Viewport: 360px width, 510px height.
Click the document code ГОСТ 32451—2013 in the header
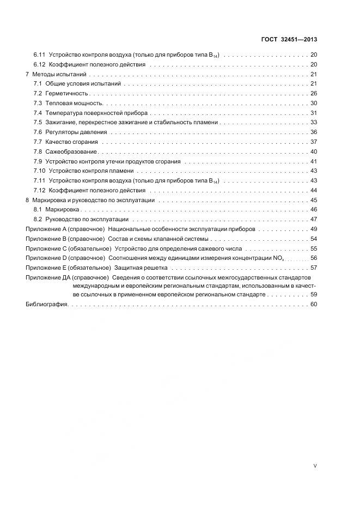coord(290,40)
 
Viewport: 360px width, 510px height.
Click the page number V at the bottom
coord(315,466)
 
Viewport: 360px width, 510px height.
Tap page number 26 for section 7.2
coord(314,94)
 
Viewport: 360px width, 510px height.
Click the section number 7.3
coord(38,103)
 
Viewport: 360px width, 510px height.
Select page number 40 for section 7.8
coord(314,151)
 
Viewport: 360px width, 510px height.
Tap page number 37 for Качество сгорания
coord(314,142)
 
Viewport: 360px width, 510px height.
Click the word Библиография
coord(46,304)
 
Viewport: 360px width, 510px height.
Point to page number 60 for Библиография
coord(314,304)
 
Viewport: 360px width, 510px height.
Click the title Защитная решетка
coord(141,268)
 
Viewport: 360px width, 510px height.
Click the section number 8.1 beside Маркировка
coord(38,210)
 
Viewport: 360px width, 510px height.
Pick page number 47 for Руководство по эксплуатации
coord(314,220)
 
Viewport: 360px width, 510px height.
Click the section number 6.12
coord(39,64)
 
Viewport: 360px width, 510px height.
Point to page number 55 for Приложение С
coord(314,248)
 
